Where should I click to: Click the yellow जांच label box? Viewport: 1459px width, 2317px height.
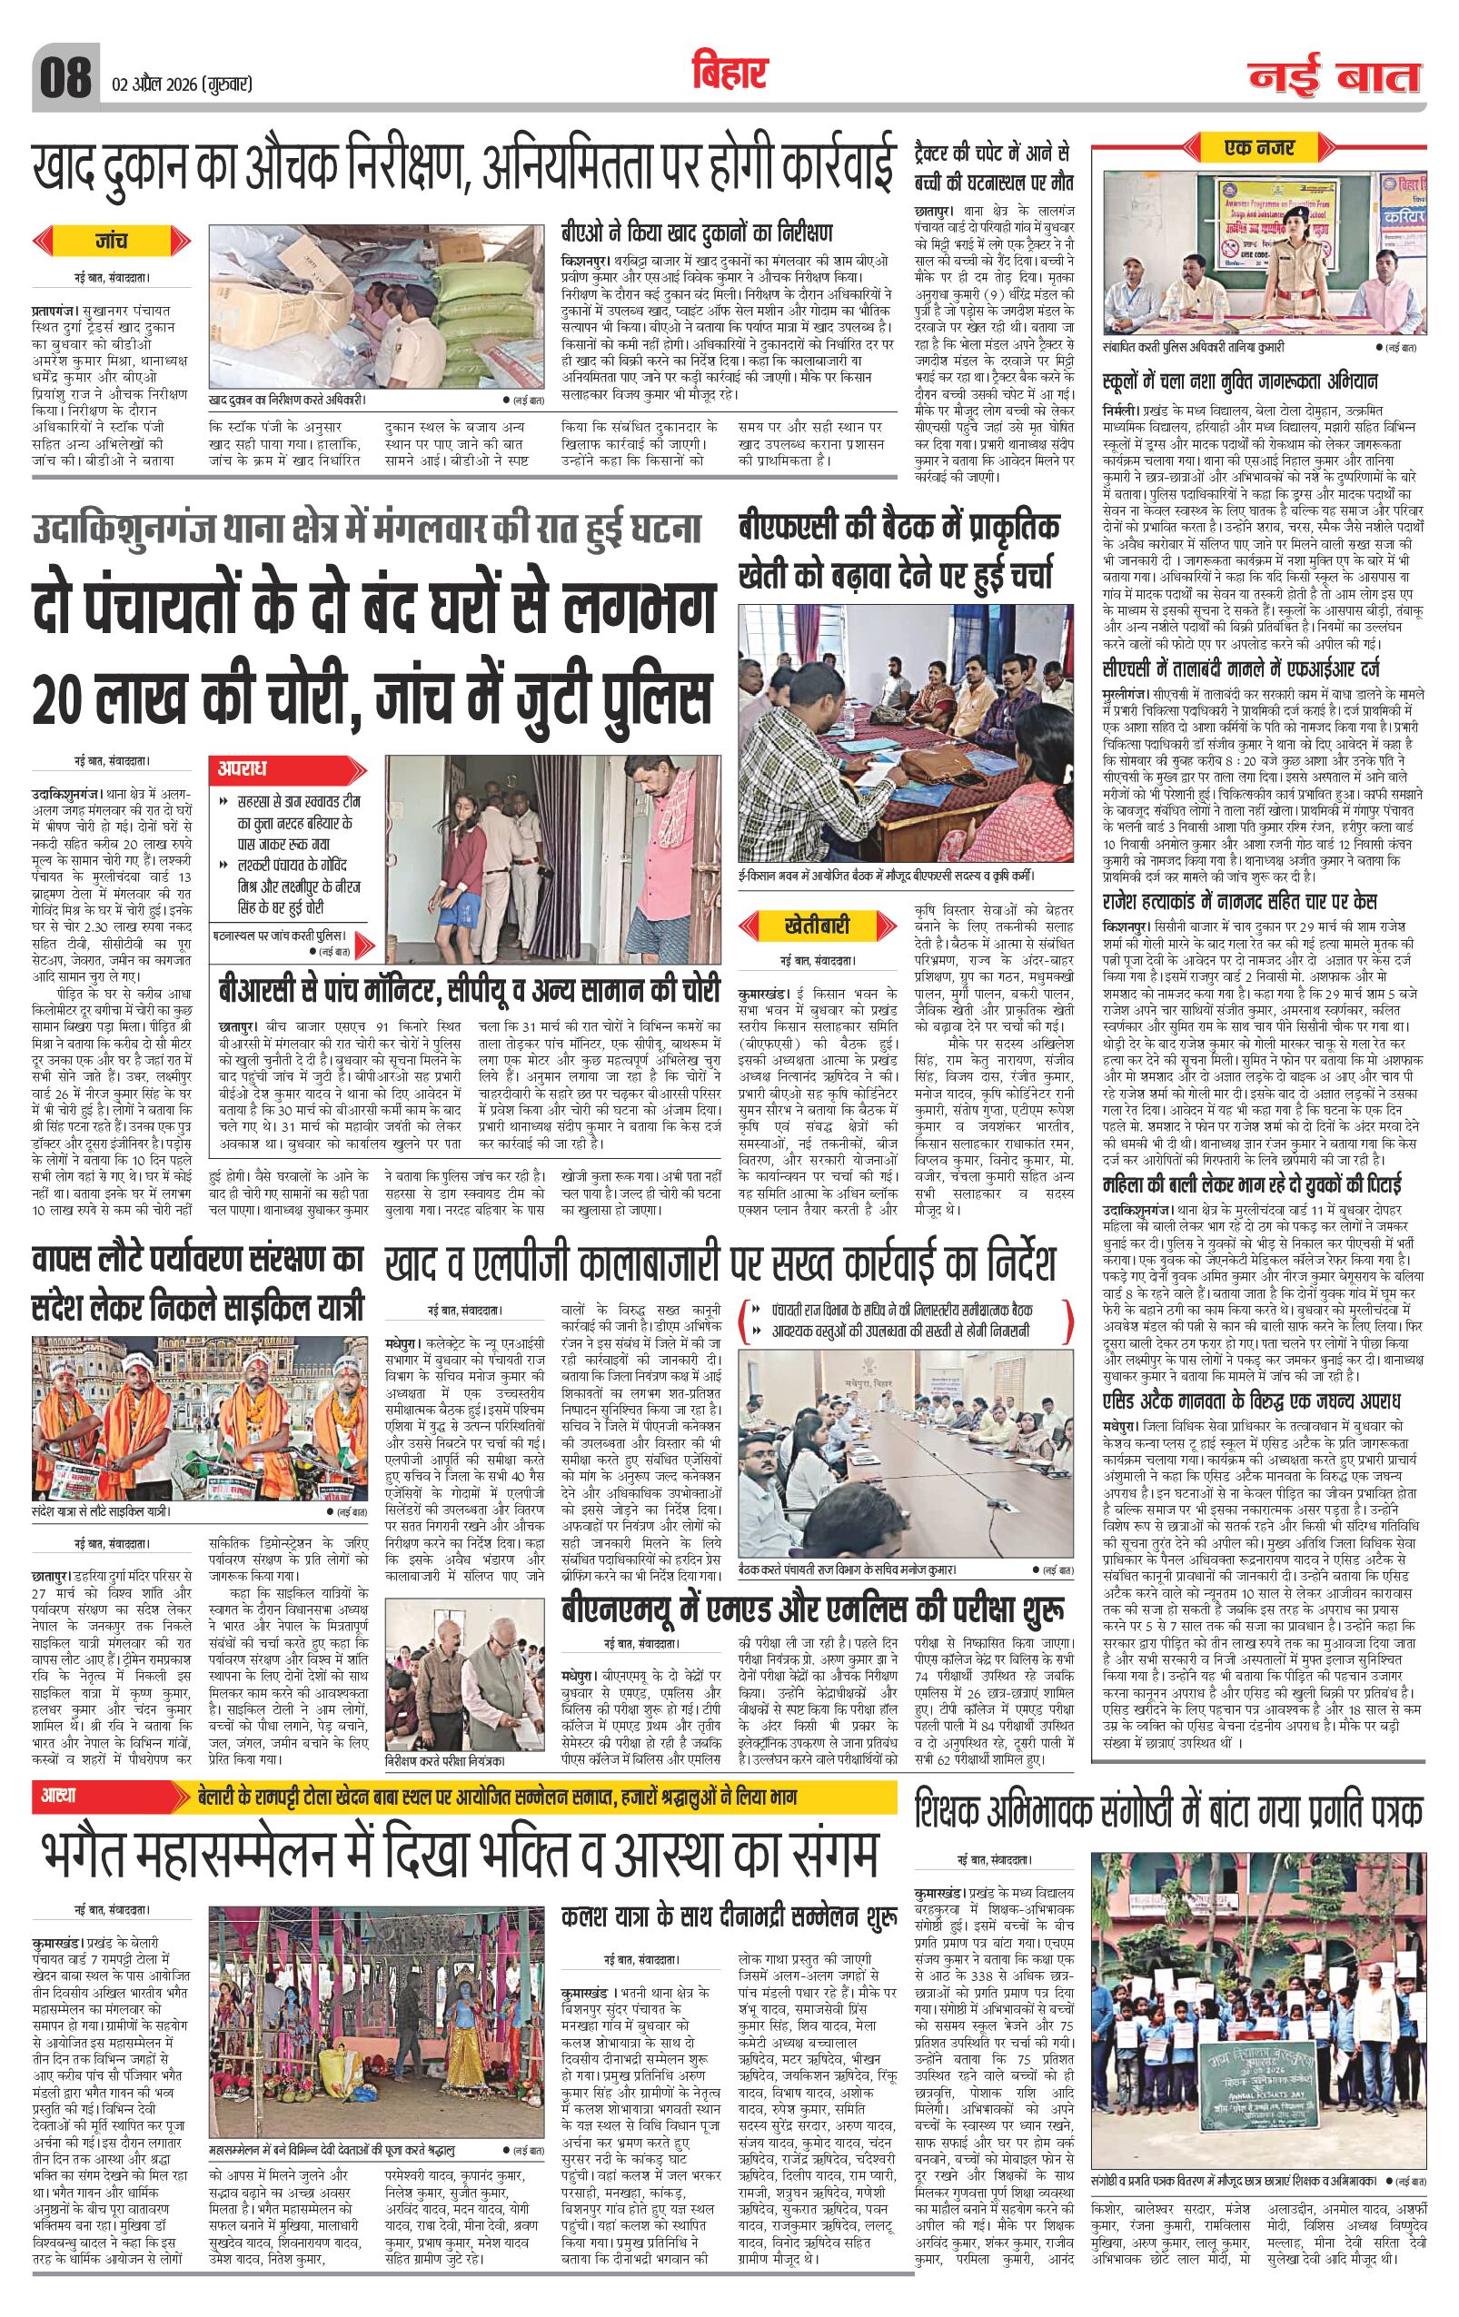[x=112, y=241]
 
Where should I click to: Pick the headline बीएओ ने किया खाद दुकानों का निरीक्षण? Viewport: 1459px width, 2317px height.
[x=697, y=233]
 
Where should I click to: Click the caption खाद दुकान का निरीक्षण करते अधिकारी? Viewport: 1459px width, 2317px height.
[x=287, y=398]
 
